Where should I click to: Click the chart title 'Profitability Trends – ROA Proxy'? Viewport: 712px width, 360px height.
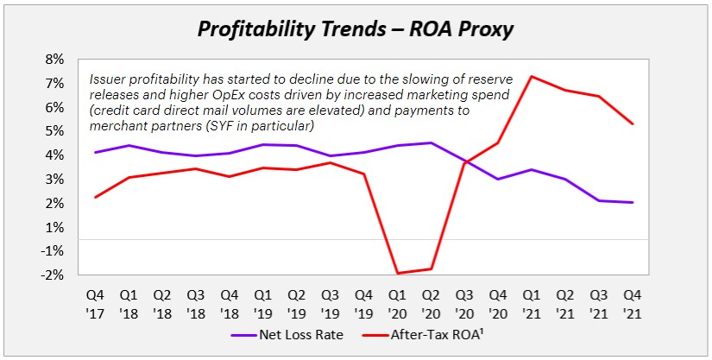356,28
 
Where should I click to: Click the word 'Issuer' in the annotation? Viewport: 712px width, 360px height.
110,79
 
